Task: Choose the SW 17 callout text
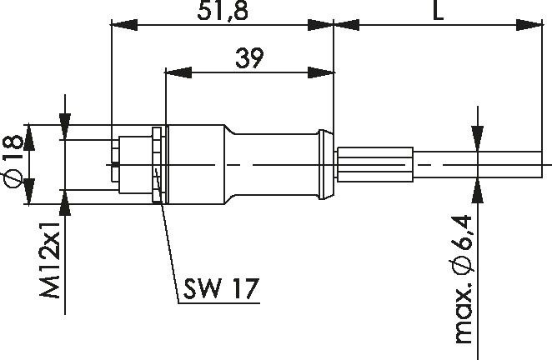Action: click(x=218, y=288)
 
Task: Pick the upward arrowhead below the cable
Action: click(x=477, y=186)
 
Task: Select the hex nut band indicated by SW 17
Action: click(x=157, y=165)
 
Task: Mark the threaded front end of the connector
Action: click(x=129, y=164)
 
